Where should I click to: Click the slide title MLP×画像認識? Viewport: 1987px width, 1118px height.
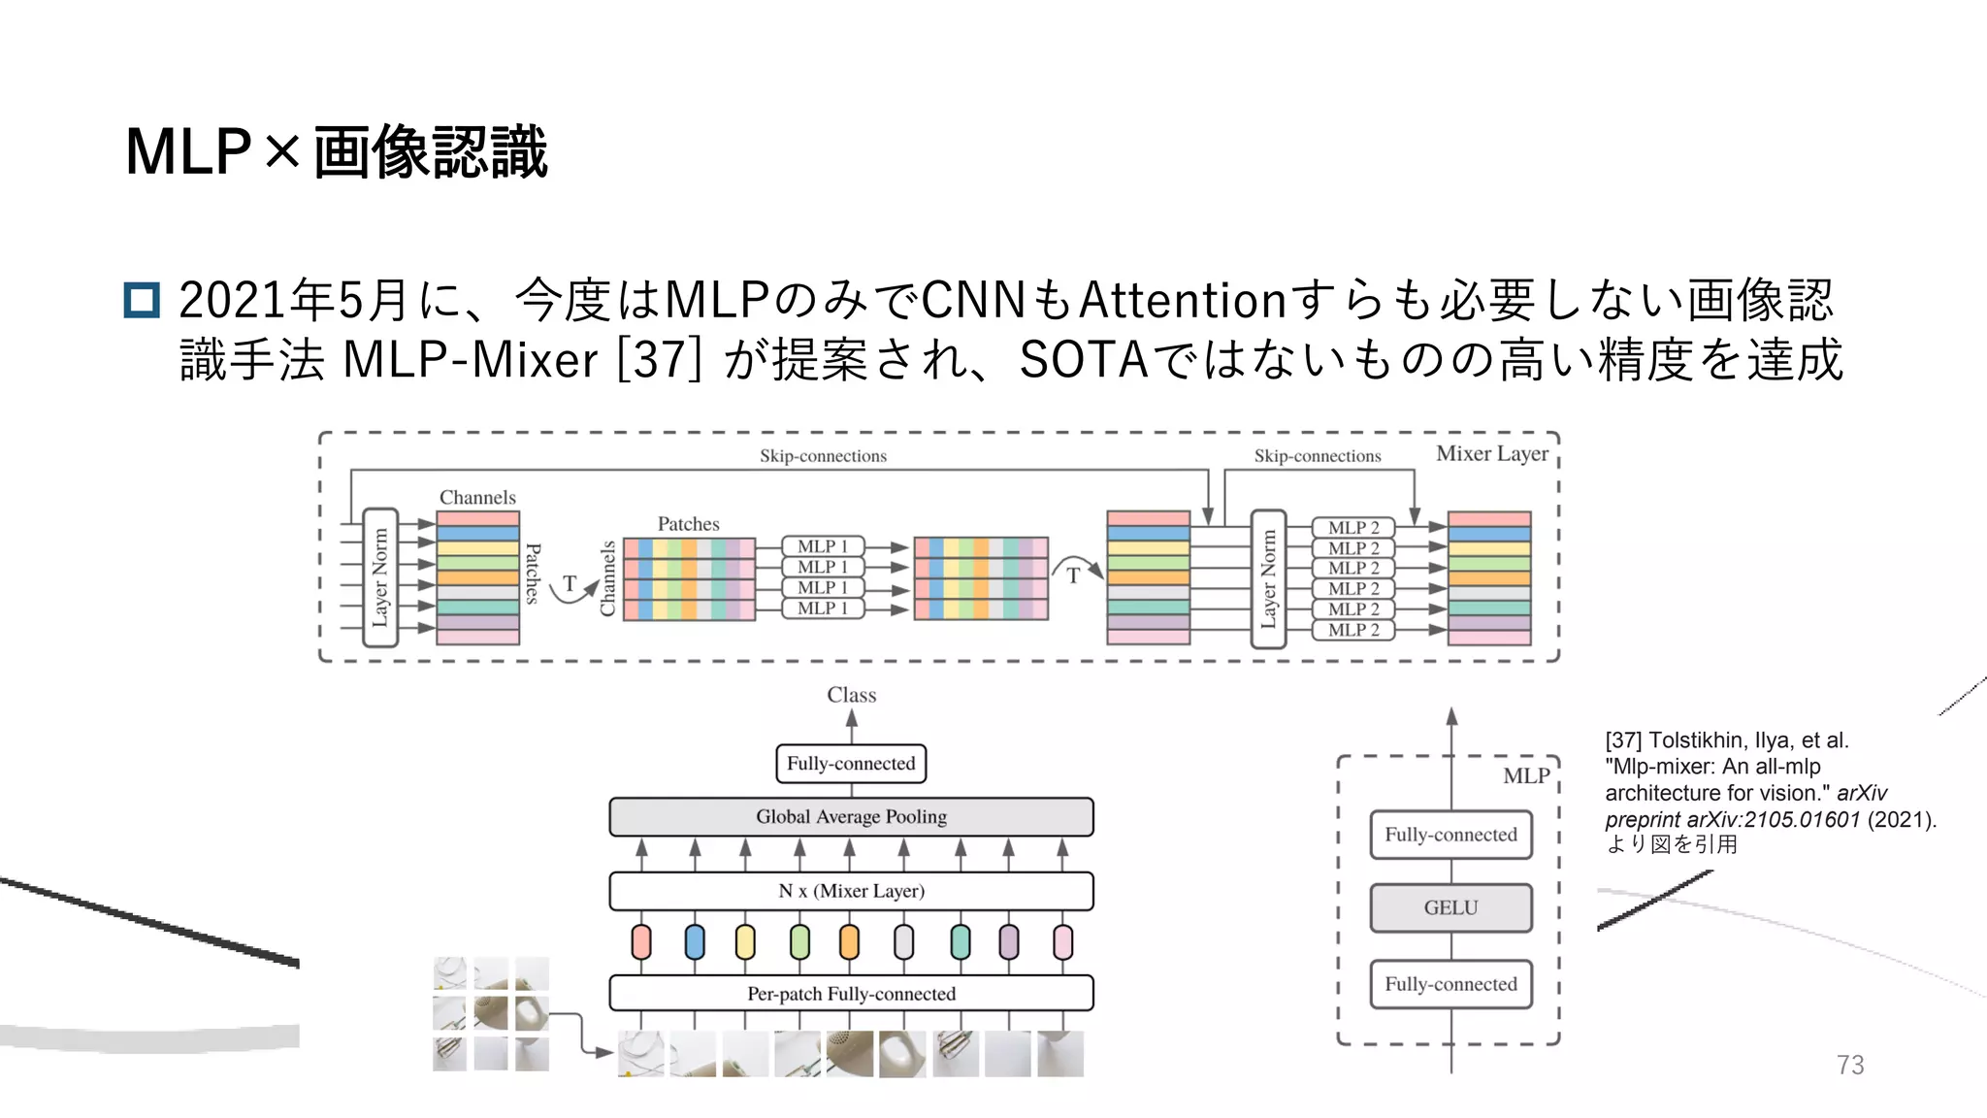pos(336,152)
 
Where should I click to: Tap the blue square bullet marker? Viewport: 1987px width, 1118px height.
pos(142,300)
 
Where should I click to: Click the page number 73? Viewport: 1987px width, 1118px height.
pos(1849,1065)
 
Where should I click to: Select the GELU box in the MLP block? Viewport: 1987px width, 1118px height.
pos(1450,908)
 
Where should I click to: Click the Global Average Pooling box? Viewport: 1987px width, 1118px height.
pos(851,817)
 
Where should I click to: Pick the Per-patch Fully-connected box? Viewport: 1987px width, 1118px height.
pos(851,994)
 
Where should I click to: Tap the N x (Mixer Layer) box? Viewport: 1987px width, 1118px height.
pos(851,891)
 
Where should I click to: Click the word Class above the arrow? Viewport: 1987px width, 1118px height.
pos(851,695)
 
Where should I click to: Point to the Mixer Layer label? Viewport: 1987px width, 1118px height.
pos(1491,454)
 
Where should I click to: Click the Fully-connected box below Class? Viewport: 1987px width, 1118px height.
pos(851,764)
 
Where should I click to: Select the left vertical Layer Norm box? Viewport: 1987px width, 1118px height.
pos(379,578)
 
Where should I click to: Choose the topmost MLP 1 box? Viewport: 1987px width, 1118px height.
pos(823,546)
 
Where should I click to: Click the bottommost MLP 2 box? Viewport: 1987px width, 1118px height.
pos(1353,630)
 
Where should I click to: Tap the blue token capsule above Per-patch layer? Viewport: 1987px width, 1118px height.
pos(695,942)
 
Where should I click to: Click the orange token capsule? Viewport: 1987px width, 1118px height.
pos(849,942)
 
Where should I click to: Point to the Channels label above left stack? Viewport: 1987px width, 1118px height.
pos(477,498)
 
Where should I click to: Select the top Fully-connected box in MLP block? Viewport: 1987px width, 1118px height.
pos(1450,835)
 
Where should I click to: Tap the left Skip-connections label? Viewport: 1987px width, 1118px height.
pos(823,456)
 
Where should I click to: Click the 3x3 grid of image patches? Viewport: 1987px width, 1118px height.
pos(491,1014)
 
